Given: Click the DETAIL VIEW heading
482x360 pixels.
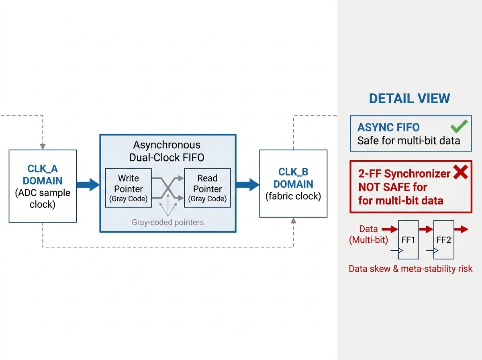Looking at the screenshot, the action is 410,98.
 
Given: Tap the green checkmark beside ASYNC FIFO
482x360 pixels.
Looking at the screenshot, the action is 459,126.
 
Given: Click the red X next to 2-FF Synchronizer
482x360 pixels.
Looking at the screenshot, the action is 460,172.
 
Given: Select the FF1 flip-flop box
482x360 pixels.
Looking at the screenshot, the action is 408,239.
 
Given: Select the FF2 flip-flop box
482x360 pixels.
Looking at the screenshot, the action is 444,239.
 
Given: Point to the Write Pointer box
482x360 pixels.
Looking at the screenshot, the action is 129,188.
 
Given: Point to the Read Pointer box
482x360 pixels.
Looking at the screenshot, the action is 208,188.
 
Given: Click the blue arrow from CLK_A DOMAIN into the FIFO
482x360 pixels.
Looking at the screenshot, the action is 88,185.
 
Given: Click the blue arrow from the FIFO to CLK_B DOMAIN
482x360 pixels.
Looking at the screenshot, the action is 248,185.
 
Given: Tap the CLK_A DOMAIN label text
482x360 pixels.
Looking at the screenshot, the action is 43,175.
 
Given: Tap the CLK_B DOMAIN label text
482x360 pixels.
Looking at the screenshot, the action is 293,178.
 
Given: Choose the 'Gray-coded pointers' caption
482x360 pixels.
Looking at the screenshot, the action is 168,222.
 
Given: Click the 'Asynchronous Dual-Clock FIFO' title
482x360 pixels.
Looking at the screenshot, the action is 167,151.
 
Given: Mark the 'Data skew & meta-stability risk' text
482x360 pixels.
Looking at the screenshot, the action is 411,269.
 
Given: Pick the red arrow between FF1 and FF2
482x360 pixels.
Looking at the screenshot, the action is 426,229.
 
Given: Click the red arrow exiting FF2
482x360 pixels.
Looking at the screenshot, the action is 461,229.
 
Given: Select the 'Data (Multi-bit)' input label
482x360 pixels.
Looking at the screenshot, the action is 368,234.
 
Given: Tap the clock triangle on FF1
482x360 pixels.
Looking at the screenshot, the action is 400,251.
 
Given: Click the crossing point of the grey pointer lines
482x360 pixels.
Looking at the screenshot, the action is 168,188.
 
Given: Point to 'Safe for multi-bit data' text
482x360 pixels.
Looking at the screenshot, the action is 408,141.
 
